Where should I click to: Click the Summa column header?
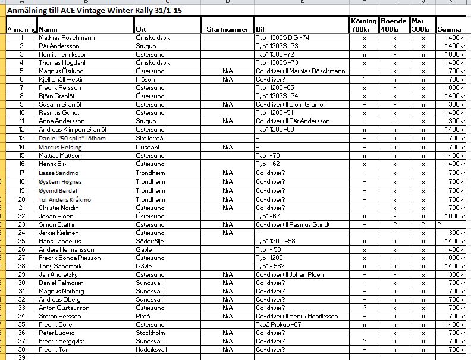pos(448,29)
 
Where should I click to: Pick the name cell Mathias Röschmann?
pos(67,37)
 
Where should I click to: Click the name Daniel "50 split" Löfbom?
pos(72,138)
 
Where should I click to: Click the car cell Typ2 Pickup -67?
pos(278,324)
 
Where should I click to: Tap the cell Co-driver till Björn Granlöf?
pos(290,105)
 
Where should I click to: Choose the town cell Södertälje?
pos(152,241)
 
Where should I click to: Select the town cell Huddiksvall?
pos(152,350)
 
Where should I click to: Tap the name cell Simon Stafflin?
pos(58,224)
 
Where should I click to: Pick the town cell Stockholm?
pos(150,333)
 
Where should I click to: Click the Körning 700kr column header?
pos(364,25)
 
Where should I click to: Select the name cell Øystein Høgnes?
pos(61,181)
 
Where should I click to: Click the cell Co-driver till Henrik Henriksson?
pos(296,316)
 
